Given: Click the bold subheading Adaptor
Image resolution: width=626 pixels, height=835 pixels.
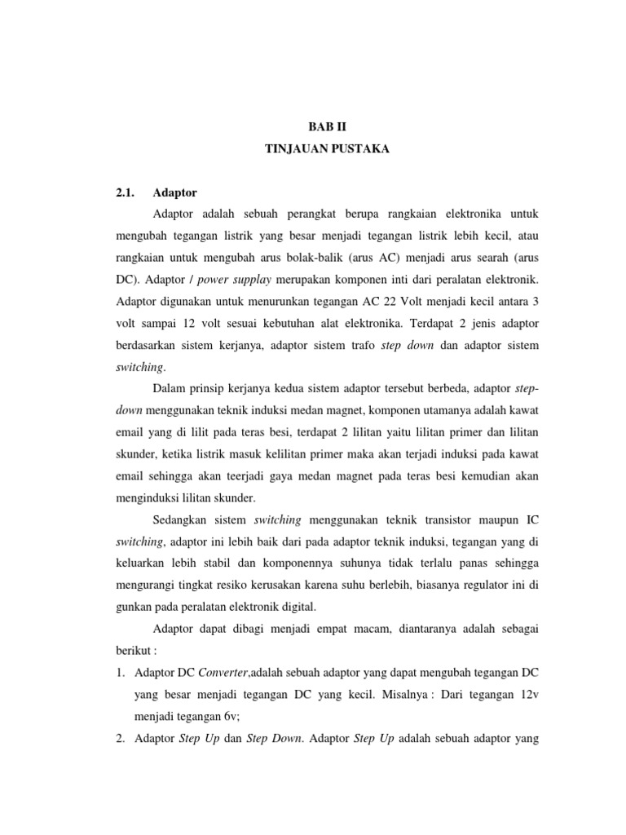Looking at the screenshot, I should [175, 193].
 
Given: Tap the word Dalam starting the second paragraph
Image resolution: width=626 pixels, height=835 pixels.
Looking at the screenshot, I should [170, 390].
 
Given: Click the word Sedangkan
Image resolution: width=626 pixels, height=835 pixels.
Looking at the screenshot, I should [183, 519].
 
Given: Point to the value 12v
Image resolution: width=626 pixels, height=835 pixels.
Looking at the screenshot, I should [525, 695].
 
